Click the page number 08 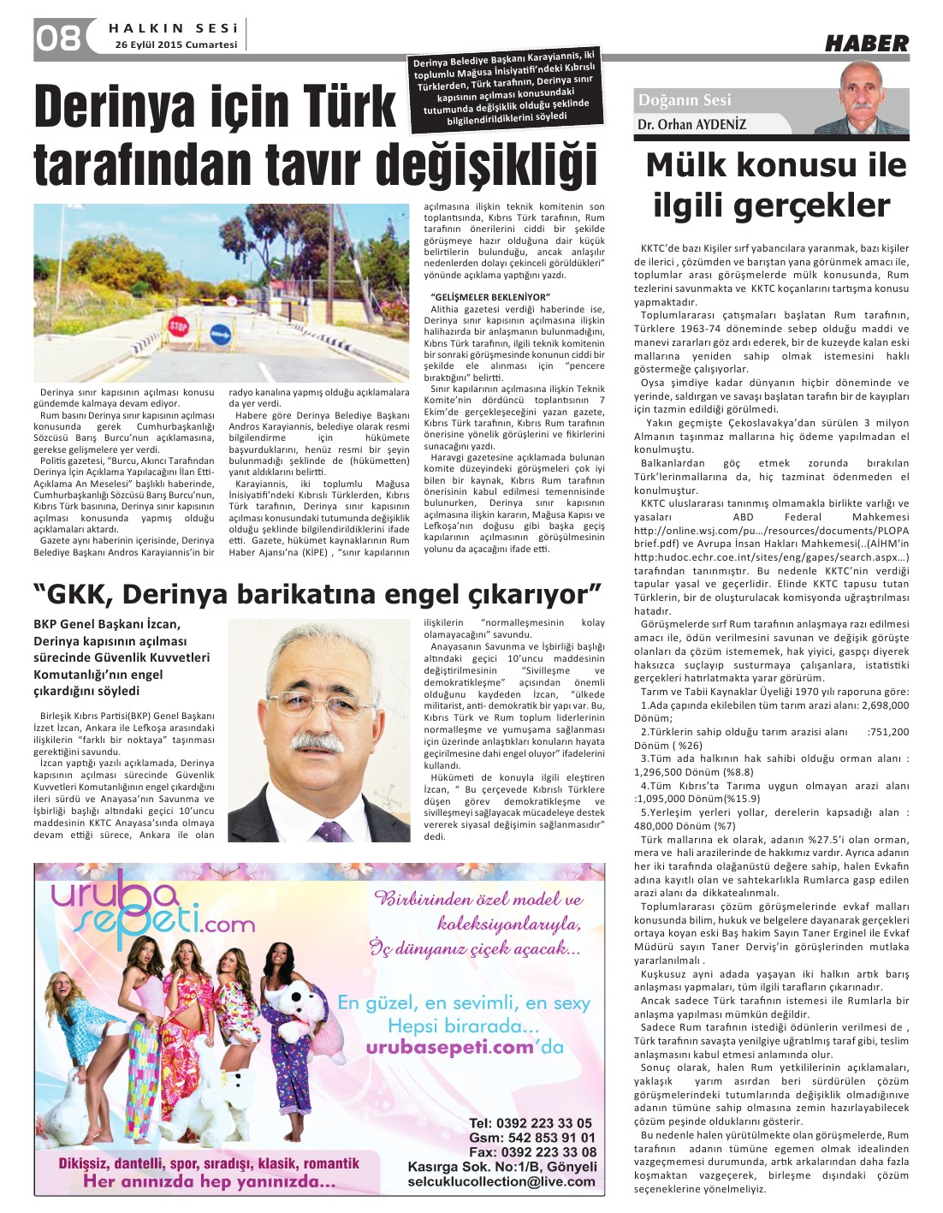58,38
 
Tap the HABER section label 866,43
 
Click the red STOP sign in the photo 178,326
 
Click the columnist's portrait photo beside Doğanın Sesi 861,98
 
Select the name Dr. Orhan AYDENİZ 691,125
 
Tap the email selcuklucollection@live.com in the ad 501,1181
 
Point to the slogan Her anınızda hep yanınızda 209,1182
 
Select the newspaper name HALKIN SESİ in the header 173,28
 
